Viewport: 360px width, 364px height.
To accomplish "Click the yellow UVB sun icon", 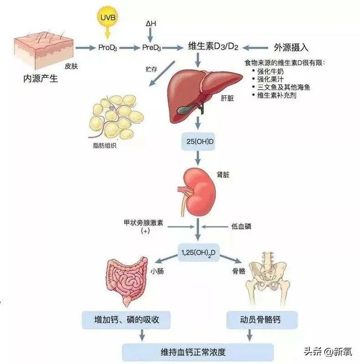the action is [x=107, y=17].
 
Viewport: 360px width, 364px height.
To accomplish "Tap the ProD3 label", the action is [x=107, y=48].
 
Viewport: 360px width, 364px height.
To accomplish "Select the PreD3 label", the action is [x=151, y=48].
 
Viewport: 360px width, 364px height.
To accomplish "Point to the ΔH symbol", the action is [x=151, y=24].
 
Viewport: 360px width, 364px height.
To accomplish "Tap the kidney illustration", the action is [x=197, y=192].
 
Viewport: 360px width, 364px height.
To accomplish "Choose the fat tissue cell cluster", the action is [x=115, y=116].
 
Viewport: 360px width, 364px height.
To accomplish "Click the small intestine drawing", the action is [x=127, y=281].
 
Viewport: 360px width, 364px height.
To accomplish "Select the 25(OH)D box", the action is [x=198, y=142].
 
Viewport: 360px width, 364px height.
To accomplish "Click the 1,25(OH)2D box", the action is [x=199, y=253].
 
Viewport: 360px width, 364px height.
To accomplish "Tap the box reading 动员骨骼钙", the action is [x=262, y=320].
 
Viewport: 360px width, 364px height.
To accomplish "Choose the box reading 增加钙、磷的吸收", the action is [x=126, y=320].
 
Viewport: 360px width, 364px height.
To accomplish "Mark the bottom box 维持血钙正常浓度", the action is [x=198, y=352].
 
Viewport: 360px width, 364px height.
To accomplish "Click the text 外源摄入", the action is [x=291, y=48].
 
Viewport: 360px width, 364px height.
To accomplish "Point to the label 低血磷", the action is [x=241, y=226].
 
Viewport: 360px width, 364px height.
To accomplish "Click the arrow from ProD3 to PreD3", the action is [x=129, y=48].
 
